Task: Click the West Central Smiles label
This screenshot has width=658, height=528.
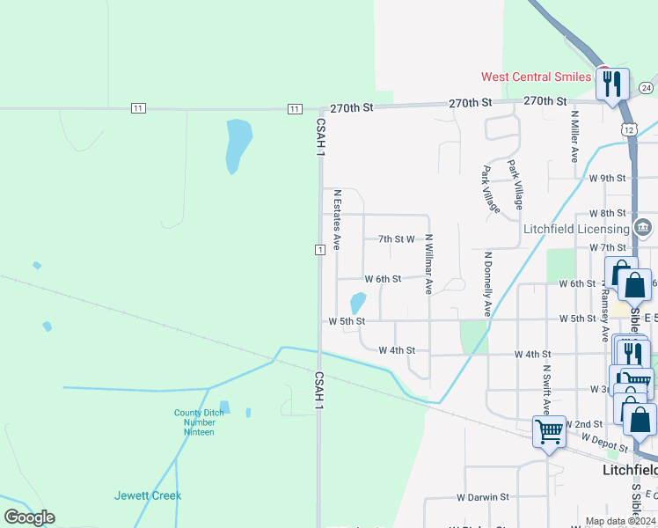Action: [x=536, y=77]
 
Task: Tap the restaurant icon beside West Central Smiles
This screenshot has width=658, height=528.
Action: [x=612, y=85]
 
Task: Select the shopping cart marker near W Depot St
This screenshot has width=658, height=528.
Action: [x=549, y=432]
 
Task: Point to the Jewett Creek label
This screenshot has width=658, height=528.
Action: [x=148, y=495]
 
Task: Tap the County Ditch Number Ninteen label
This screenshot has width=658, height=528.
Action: [x=199, y=422]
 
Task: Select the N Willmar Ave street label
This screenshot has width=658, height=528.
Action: [x=429, y=263]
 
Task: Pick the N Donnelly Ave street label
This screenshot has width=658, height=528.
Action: [x=487, y=284]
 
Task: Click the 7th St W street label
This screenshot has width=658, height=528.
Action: [x=396, y=238]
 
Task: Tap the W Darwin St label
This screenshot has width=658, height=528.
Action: [x=483, y=497]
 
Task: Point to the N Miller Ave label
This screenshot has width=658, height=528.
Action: [x=574, y=136]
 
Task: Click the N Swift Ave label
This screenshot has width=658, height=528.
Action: [x=546, y=390]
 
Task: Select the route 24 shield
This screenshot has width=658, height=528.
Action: [x=646, y=88]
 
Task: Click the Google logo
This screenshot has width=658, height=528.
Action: [x=29, y=517]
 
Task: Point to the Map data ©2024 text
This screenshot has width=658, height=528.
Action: [x=620, y=521]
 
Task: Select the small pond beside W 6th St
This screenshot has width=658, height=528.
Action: [x=358, y=303]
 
